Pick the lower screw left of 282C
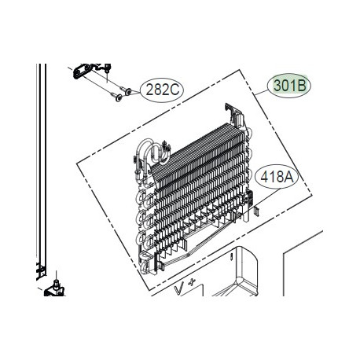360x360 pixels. tap(117, 97)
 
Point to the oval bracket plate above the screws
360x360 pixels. tap(87, 72)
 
